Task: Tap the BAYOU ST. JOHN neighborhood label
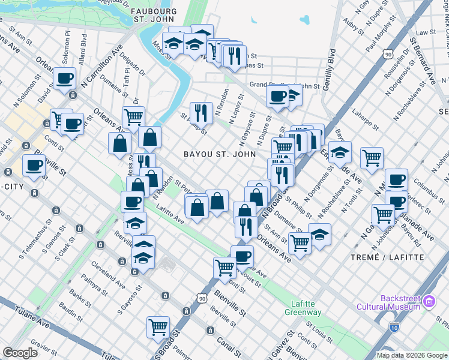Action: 220,154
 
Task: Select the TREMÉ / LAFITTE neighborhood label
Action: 391,257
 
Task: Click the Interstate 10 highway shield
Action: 394,327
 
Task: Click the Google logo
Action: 20,353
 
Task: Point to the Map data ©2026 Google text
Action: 411,355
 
